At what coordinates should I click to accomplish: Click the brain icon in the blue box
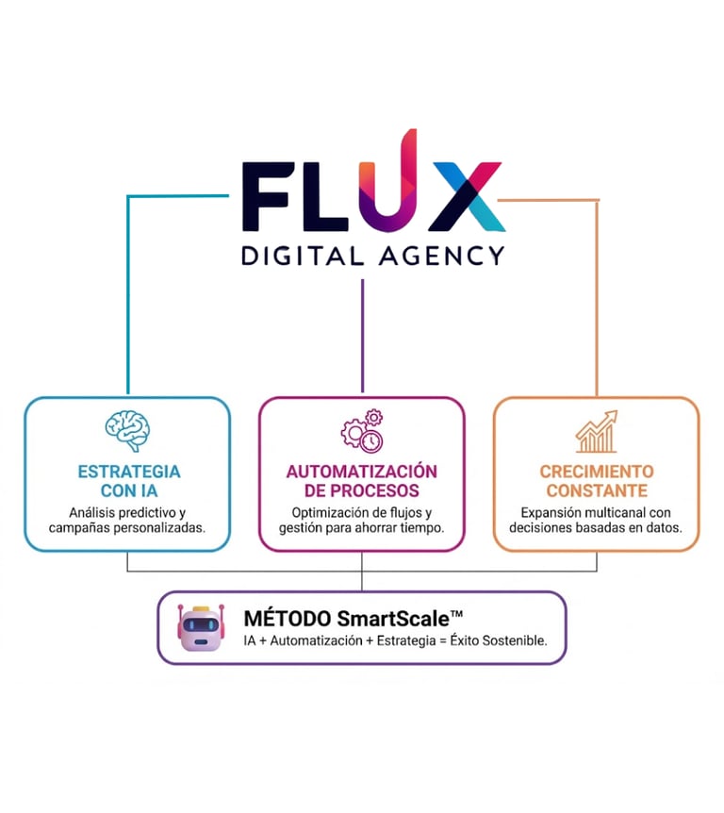click(127, 430)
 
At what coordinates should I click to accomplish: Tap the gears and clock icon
click(362, 430)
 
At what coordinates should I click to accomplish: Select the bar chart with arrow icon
click(596, 431)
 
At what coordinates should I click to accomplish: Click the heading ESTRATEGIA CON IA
click(128, 481)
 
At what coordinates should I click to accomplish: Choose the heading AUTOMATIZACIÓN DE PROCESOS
click(362, 481)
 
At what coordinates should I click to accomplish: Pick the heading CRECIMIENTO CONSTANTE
click(597, 481)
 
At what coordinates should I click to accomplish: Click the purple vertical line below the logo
click(362, 335)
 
